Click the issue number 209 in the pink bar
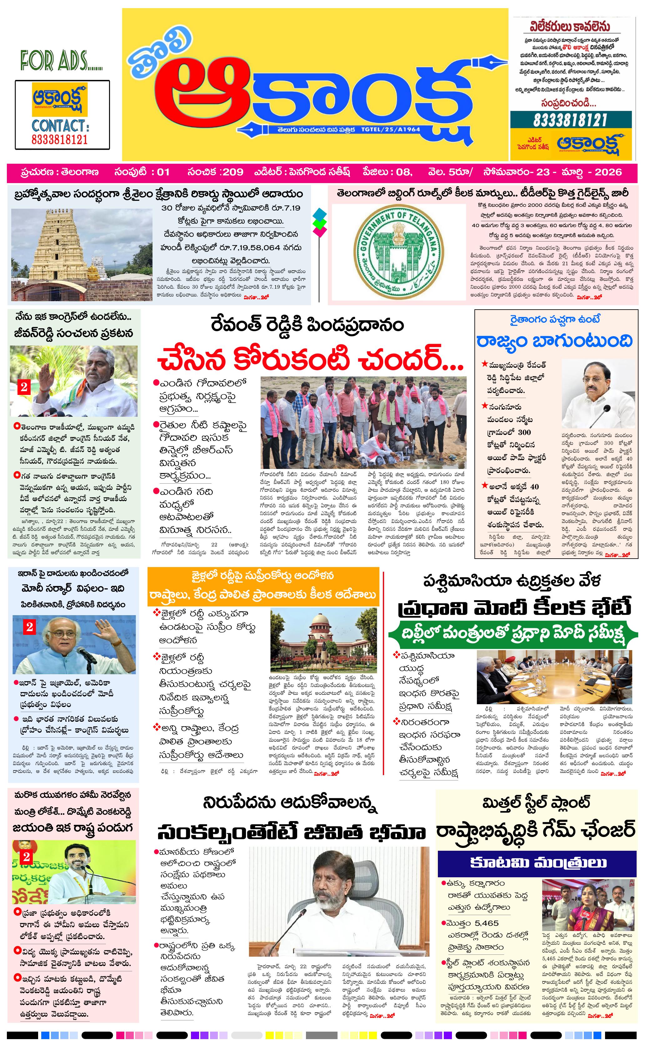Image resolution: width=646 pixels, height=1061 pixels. pos(233,172)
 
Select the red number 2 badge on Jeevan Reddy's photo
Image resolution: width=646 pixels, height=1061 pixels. pos(24,387)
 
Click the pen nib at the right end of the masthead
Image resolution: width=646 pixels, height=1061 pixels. pos(491,64)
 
